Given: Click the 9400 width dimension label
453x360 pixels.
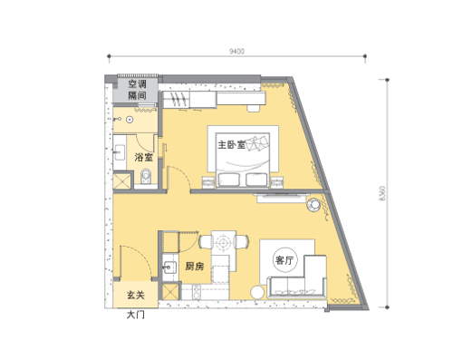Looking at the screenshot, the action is click(236, 52).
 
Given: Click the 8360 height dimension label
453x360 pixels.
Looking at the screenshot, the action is click(382, 194).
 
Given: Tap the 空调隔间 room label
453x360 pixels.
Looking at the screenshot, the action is click(137, 90).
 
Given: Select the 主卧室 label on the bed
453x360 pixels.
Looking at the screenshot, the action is click(232, 145).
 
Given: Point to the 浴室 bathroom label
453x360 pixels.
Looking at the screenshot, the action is click(144, 157).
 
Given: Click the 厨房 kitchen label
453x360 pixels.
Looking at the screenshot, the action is click(195, 267).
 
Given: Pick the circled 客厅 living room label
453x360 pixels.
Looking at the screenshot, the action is click(284, 260).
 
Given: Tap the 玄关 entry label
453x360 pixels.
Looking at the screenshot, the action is click(136, 295).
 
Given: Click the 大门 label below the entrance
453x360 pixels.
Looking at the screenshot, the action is click(135, 315).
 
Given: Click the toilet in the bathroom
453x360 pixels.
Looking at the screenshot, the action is click(146, 177).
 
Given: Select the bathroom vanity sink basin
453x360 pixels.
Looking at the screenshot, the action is click(120, 152).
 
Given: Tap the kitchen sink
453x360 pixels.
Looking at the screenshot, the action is click(169, 268).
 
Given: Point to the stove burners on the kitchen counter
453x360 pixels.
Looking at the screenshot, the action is click(197, 292).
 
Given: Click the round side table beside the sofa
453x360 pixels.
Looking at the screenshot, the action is click(257, 293).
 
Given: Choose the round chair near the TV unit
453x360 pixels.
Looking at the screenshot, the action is click(313, 205).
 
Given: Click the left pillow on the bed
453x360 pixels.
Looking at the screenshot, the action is click(229, 180).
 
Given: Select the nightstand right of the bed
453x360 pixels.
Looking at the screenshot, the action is click(277, 182).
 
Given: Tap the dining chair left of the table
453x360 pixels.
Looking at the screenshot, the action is click(205, 242).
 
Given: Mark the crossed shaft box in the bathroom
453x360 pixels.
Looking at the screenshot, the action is click(122, 180).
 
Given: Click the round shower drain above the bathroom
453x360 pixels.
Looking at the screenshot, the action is click(130, 120).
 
